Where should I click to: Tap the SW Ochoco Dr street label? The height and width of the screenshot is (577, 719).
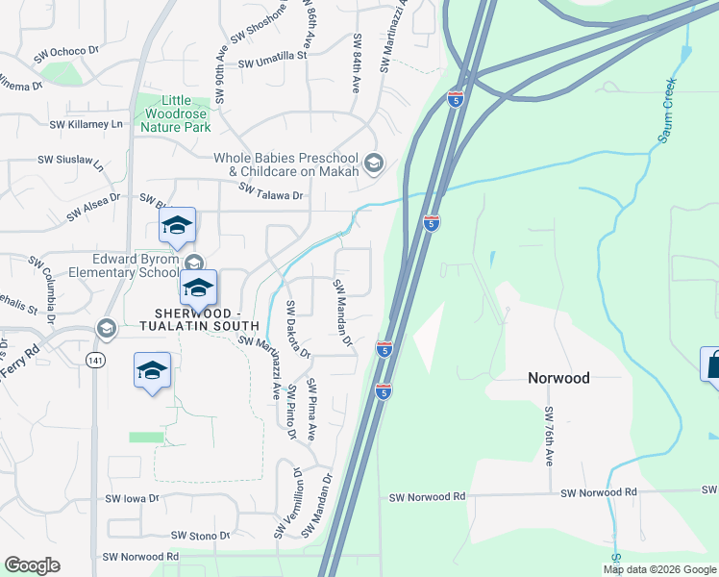click(x=67, y=54)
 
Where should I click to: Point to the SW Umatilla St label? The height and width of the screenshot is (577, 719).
click(x=272, y=61)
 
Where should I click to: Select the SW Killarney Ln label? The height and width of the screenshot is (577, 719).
click(x=87, y=124)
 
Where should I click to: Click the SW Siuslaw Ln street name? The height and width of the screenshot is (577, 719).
click(x=71, y=161)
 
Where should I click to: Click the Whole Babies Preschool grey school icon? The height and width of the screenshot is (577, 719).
click(x=374, y=164)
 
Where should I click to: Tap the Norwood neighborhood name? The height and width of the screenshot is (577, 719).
click(x=558, y=378)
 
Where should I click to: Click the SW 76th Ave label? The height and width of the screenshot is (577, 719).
click(x=550, y=436)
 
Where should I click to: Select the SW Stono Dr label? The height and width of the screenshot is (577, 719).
click(x=200, y=535)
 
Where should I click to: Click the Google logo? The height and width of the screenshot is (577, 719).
click(x=32, y=565)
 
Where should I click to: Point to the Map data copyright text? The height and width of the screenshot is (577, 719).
click(x=659, y=569)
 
